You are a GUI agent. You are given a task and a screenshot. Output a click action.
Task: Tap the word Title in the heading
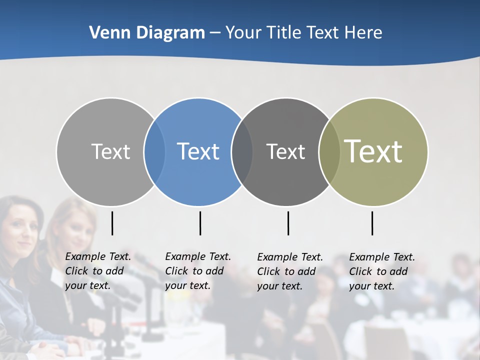click(x=284, y=32)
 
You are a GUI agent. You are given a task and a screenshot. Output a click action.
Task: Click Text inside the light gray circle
click(x=110, y=151)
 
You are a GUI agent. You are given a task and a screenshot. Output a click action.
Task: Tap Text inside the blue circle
click(x=198, y=151)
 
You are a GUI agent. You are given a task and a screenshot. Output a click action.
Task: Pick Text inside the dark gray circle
click(x=285, y=151)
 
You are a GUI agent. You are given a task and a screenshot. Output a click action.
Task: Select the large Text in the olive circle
click(x=373, y=151)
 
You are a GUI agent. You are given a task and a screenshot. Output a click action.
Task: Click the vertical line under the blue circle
click(x=200, y=223)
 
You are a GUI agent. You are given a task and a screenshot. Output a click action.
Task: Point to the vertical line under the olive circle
click(x=372, y=223)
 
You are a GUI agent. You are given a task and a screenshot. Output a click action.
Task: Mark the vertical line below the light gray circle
click(x=112, y=223)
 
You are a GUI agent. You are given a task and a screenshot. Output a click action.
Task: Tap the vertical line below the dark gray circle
click(x=288, y=223)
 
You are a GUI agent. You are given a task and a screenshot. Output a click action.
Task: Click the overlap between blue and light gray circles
click(x=154, y=152)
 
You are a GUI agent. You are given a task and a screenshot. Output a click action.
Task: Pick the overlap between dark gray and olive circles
click(x=328, y=152)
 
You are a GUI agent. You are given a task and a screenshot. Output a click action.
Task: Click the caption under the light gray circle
click(x=97, y=271)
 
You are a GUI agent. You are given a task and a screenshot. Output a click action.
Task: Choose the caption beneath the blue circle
click(x=197, y=271)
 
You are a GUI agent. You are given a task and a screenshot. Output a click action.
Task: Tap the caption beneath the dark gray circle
click(x=289, y=271)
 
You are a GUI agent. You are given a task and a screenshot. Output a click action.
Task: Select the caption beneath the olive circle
click(x=381, y=271)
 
